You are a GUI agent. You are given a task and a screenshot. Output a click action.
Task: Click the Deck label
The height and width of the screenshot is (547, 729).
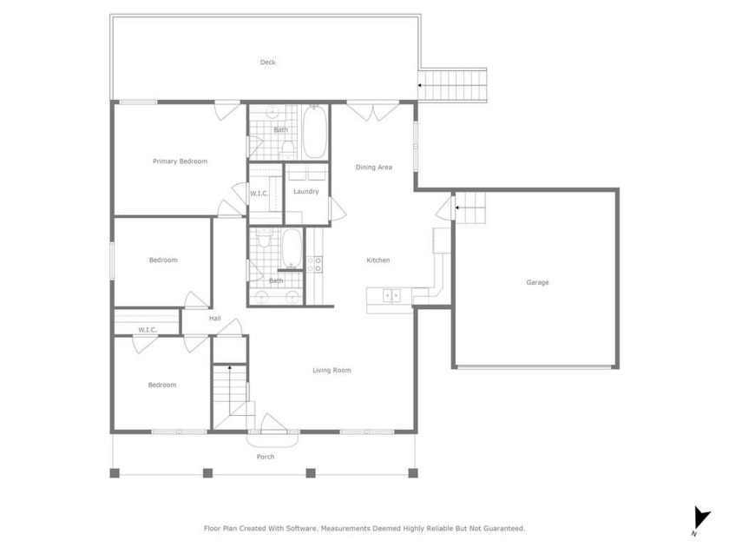coord(268,63)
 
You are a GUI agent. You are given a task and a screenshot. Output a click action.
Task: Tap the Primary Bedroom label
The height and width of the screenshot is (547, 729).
coord(180,161)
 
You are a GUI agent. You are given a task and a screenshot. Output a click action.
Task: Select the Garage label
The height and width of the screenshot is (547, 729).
coord(537,282)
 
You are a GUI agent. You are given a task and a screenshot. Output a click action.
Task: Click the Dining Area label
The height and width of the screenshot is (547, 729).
coord(374,168)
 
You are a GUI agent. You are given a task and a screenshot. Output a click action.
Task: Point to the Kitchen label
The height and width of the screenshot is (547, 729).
coord(378,260)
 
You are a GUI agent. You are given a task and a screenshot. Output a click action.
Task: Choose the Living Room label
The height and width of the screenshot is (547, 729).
coord(332,370)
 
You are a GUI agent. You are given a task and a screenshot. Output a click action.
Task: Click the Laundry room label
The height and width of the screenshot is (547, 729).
coord(305,192)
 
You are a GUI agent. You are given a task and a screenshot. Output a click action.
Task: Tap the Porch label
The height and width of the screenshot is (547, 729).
coord(266,457)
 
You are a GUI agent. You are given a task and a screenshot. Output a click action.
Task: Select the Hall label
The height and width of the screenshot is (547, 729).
coord(215,319)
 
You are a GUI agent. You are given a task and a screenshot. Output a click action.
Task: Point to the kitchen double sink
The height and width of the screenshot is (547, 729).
coord(391,295)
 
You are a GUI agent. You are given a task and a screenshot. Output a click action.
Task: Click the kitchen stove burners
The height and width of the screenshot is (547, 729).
coord(315,265)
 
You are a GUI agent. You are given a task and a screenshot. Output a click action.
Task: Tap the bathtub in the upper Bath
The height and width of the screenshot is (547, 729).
coord(315,132)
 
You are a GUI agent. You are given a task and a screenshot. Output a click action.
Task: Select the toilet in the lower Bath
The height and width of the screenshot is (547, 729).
coord(264,238)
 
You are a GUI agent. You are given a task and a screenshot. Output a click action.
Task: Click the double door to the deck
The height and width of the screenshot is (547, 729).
coord(373,110)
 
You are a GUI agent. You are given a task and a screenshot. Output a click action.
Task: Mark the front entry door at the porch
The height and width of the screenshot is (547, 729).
coord(274,424)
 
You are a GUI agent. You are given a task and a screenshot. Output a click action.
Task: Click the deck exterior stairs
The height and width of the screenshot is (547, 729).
coord(452,86)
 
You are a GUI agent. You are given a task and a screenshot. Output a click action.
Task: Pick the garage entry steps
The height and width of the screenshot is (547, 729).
coord(470,208)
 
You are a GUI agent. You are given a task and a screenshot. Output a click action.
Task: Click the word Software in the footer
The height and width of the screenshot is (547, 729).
coord(302,529)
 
